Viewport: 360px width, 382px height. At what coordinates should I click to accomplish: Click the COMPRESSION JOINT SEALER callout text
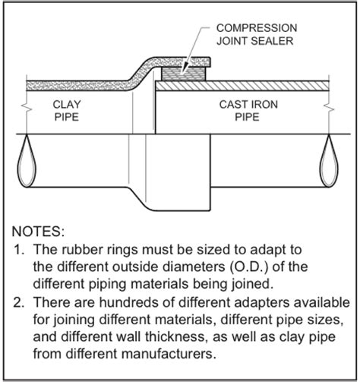(x=257, y=34)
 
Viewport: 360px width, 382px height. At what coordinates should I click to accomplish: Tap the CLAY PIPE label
(x=67, y=111)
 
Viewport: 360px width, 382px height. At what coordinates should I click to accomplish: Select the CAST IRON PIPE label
(x=248, y=111)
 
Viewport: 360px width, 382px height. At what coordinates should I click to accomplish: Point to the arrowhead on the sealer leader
(x=184, y=68)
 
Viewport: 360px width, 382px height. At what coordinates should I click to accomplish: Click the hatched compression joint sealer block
(x=184, y=74)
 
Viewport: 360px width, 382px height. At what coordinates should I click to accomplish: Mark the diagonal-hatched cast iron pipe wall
(x=242, y=86)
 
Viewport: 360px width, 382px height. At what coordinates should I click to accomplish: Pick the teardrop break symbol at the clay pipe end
(x=27, y=161)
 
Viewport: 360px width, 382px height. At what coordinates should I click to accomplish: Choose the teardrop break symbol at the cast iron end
(x=329, y=161)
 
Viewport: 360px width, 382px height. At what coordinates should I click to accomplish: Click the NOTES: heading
(x=38, y=232)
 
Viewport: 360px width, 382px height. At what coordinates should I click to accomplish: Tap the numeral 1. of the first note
(x=19, y=250)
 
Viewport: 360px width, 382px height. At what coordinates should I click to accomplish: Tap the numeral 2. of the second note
(x=19, y=302)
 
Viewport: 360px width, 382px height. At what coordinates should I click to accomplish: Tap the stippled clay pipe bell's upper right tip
(x=210, y=58)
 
